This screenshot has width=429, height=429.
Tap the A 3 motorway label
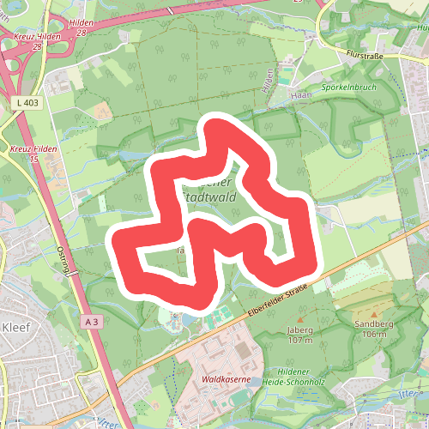[93, 320]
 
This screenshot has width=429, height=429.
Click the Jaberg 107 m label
[301, 335]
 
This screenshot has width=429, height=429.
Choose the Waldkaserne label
[221, 378]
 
